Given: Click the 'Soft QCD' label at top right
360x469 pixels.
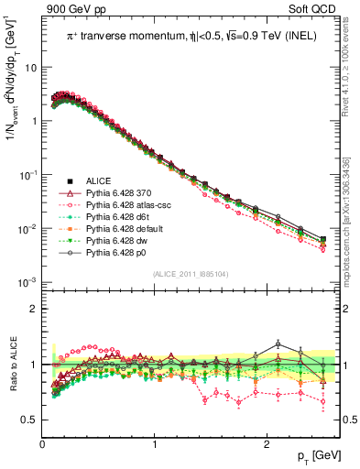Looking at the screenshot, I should [313, 9].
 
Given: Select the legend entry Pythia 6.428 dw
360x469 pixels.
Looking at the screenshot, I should [118, 248].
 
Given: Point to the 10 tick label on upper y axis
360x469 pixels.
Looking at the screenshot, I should [30, 68].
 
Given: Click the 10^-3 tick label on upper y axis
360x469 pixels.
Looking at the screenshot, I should [28, 281].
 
